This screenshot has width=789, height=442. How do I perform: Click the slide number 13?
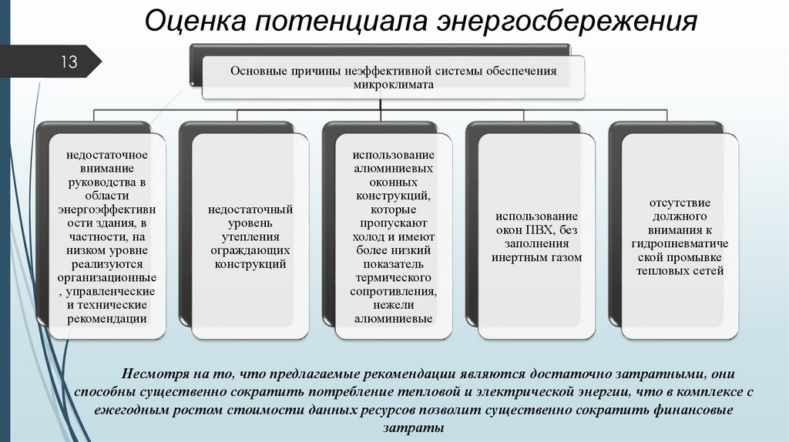[x=69, y=62]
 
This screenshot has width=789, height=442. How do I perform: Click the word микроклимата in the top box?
[x=393, y=85]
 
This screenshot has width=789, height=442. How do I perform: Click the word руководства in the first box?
[x=106, y=182]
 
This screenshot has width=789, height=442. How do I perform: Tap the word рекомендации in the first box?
[x=106, y=318]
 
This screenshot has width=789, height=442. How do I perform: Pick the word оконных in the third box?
[x=393, y=182]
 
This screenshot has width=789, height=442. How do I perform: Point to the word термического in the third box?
[x=393, y=277]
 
